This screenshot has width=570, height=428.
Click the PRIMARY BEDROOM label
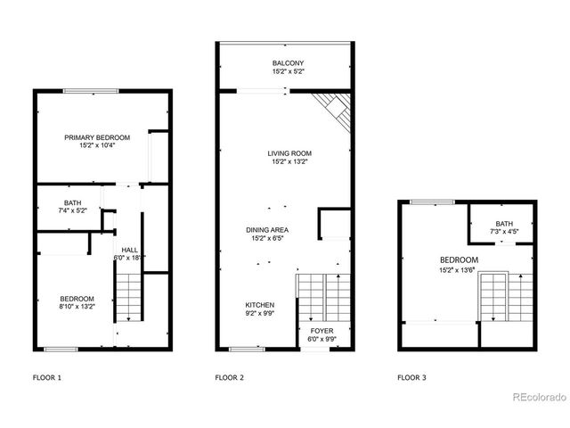(97, 137)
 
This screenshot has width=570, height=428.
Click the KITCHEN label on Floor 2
(259, 305)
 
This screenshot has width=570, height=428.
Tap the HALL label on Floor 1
(129, 251)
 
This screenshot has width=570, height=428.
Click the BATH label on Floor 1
(72, 203)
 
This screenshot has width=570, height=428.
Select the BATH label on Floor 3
(504, 224)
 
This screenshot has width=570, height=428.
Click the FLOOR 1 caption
(47, 377)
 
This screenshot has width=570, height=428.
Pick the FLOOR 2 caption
(230, 377)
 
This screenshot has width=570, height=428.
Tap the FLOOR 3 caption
(411, 377)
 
